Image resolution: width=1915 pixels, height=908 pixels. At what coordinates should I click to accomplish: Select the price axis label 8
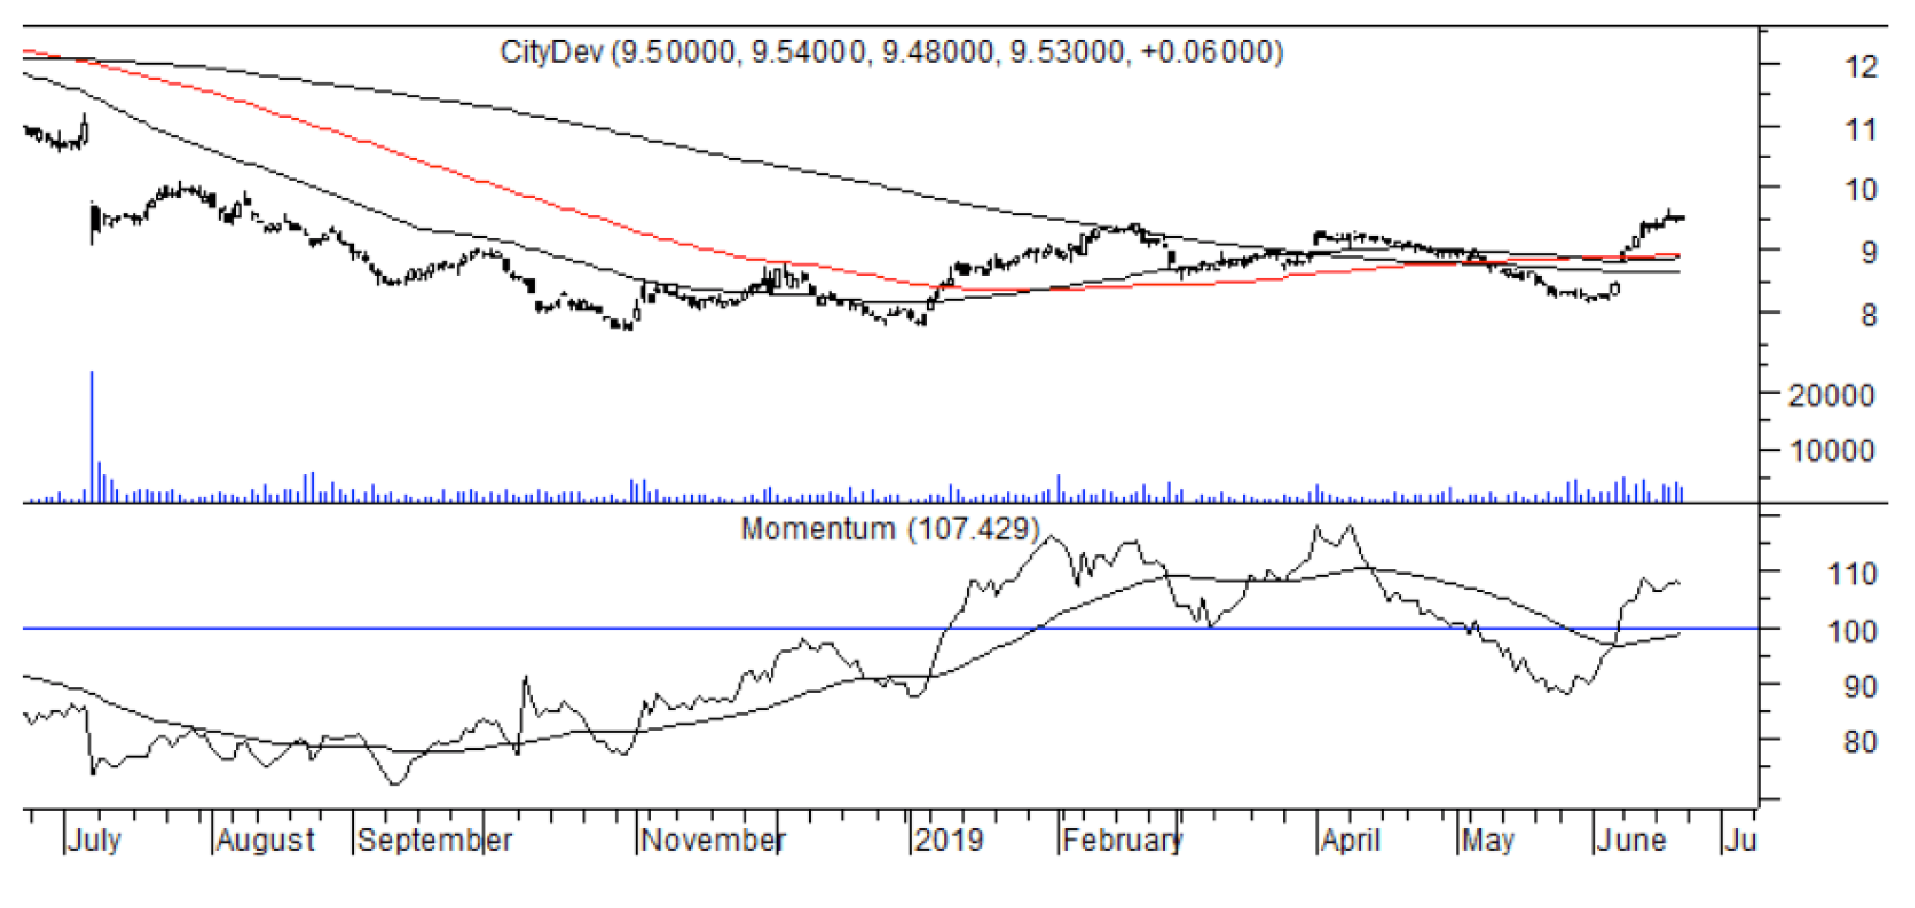(1868, 315)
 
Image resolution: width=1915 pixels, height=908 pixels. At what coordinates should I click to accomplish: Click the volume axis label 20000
(1831, 395)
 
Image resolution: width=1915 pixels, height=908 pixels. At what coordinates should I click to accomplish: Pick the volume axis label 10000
(1831, 450)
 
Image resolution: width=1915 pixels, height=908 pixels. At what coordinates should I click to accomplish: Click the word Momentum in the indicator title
(818, 528)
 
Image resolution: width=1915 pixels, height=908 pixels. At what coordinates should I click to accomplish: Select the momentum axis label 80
(1860, 741)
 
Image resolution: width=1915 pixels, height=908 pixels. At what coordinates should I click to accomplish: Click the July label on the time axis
(94, 840)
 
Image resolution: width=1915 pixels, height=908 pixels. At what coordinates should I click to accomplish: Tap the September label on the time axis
(434, 840)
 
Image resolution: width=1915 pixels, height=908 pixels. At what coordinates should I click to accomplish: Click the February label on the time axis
(1122, 840)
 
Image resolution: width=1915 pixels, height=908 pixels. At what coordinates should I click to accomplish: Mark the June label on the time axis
(1631, 840)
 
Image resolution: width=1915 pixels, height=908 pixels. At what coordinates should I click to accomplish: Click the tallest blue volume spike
(92, 433)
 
